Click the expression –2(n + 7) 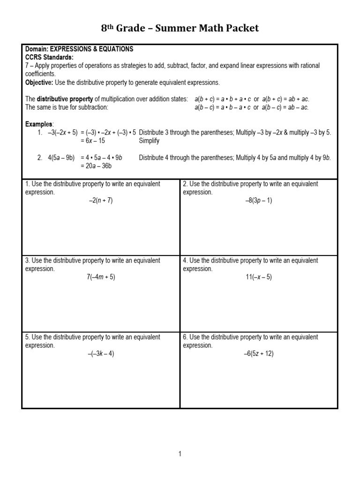[x=101, y=200]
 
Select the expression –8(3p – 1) [x=259, y=200]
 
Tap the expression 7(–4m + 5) [x=101, y=277]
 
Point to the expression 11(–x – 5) [x=259, y=277]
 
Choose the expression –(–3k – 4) [x=101, y=354]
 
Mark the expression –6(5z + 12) [x=259, y=354]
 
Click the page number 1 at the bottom [x=180, y=454]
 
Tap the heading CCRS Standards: [x=49, y=57]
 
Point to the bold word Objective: [x=39, y=82]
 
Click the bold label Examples [x=39, y=124]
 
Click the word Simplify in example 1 [x=149, y=141]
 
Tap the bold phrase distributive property [x=66, y=99]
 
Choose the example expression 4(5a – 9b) [x=61, y=157]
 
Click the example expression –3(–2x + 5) [x=63, y=132]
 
